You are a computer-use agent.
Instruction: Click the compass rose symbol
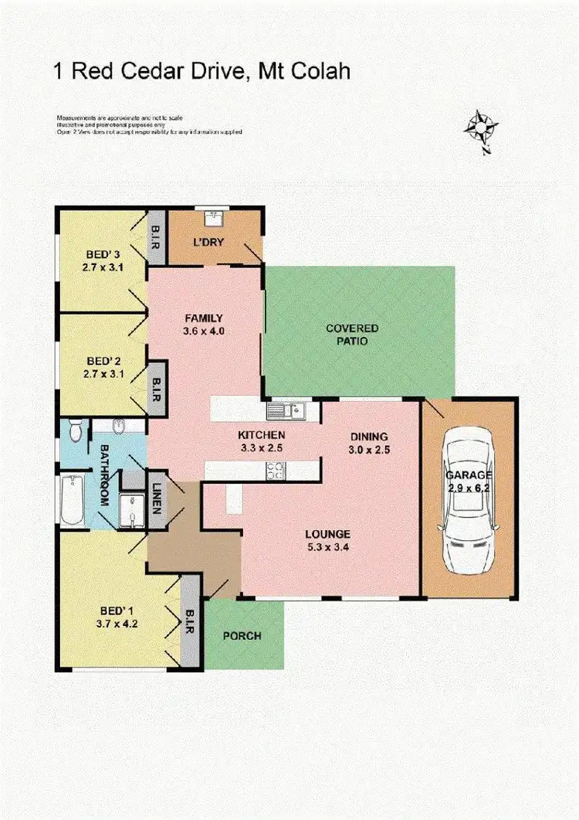pyautogui.click(x=481, y=128)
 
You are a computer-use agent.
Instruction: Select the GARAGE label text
pyautogui.click(x=468, y=475)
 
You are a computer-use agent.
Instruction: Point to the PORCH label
pyautogui.click(x=242, y=636)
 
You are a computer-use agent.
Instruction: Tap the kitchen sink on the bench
pyautogui.click(x=287, y=410)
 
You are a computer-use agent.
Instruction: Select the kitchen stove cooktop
pyautogui.click(x=276, y=468)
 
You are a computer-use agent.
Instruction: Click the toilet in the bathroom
pyautogui.click(x=74, y=430)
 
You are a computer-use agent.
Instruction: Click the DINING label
pyautogui.click(x=368, y=437)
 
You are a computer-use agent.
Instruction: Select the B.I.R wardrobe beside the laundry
pyautogui.click(x=154, y=236)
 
